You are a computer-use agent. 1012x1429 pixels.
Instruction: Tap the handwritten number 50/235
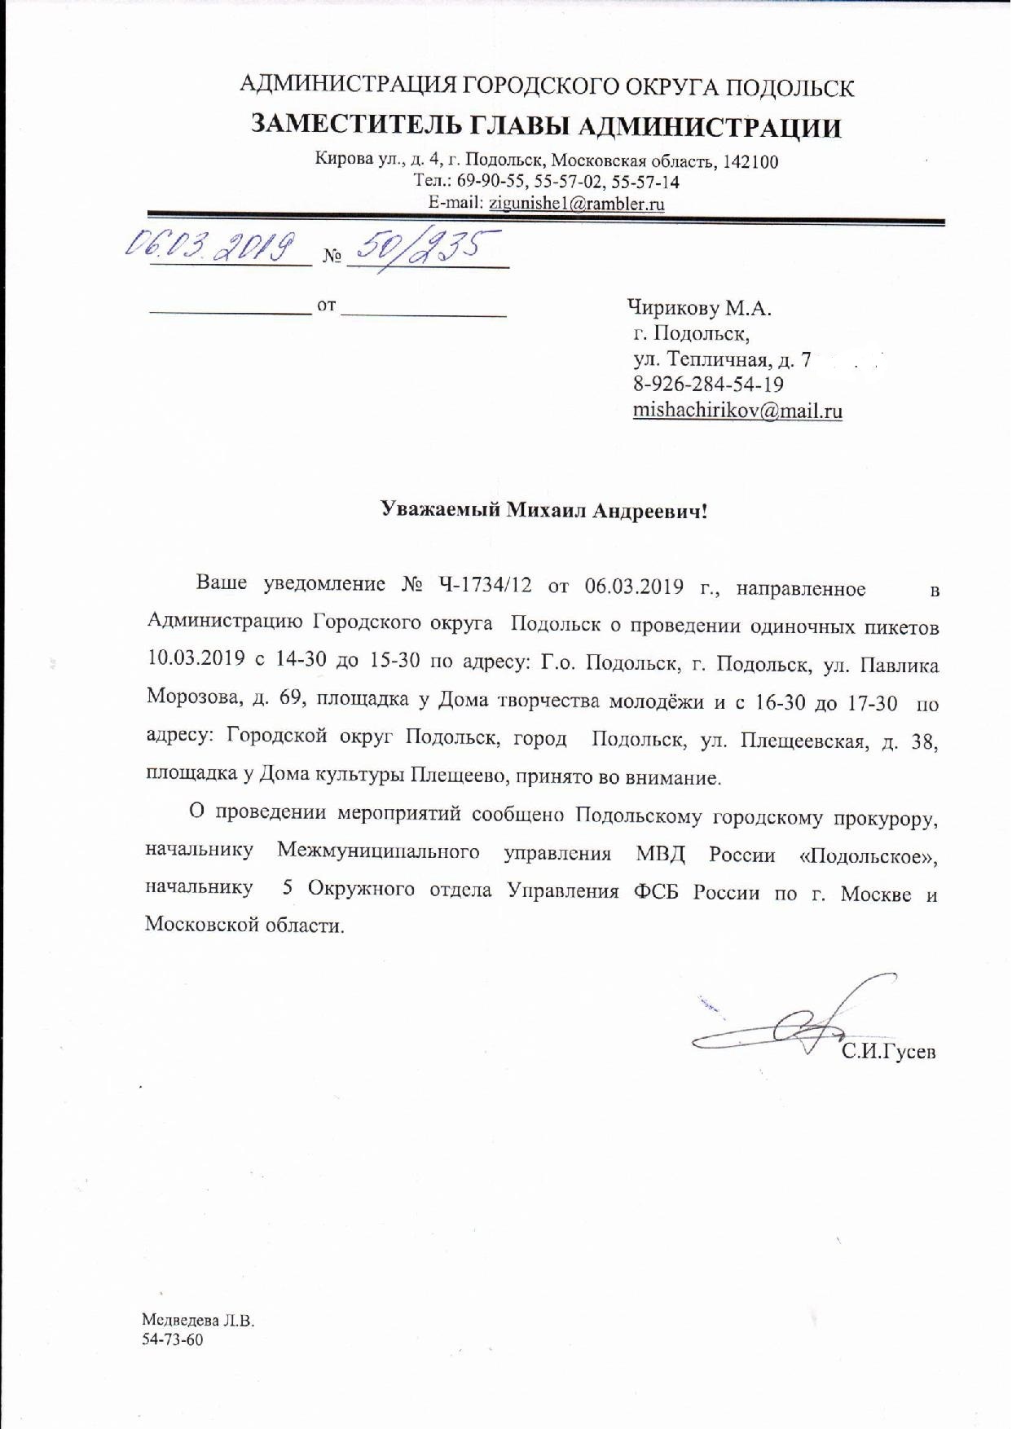tap(425, 246)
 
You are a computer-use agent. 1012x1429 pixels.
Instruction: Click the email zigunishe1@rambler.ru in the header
tap(576, 204)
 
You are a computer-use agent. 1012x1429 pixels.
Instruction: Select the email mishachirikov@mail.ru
tap(737, 411)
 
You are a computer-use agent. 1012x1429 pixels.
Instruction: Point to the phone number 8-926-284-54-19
tap(708, 384)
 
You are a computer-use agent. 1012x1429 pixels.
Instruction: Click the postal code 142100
tap(750, 161)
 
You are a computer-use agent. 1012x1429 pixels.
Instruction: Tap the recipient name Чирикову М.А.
tap(699, 309)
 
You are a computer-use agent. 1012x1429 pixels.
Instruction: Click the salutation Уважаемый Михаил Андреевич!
tap(545, 511)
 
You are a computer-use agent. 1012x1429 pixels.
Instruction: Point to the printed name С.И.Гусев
tap(889, 1052)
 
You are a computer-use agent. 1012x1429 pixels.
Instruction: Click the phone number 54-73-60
tap(172, 1340)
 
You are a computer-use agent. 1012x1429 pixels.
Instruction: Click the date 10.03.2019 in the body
tap(196, 661)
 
